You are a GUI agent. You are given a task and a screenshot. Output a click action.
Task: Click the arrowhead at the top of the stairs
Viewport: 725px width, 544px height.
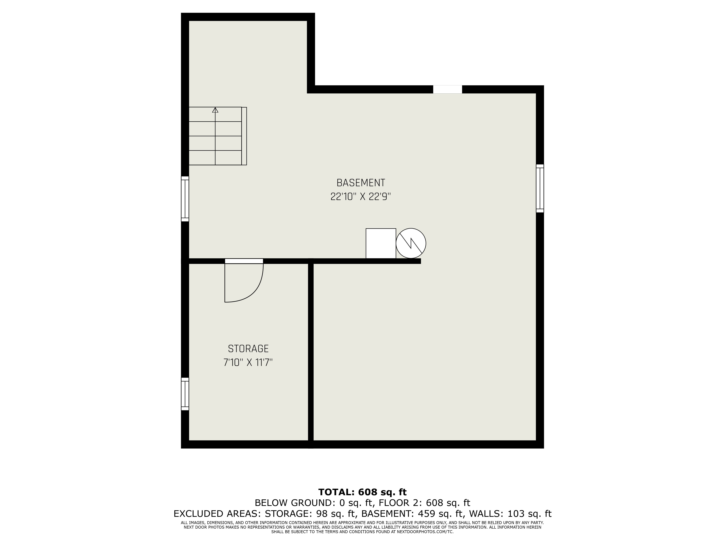point(215,110)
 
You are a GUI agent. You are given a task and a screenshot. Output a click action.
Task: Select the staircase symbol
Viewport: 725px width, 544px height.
point(218,136)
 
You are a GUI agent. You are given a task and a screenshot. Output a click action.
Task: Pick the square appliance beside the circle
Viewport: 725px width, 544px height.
point(381,243)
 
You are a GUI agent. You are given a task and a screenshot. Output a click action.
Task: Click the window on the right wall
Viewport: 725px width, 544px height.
point(540,189)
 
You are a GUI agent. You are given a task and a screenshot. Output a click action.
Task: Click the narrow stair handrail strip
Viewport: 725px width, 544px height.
point(244,136)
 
